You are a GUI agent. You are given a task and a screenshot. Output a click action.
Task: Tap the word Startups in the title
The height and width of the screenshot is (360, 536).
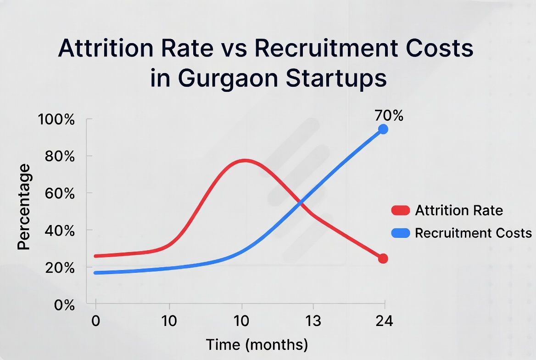[336, 78]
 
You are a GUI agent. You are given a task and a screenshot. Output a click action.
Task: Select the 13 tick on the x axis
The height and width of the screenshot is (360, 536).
[313, 321]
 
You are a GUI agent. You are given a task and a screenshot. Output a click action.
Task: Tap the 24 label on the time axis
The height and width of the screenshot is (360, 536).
[384, 321]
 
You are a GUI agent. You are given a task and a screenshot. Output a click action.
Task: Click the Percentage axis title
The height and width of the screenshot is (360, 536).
[24, 207]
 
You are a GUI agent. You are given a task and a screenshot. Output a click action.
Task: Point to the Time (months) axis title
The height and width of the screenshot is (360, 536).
[257, 344]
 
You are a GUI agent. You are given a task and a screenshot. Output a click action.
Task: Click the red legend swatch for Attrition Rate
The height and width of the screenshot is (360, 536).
[400, 210]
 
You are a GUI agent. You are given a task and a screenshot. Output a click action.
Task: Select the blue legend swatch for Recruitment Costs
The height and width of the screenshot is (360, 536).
[400, 233]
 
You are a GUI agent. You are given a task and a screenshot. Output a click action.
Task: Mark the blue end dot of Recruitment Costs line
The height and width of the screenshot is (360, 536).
[383, 129]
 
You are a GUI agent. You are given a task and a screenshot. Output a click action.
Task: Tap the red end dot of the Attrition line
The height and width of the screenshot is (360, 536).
[383, 259]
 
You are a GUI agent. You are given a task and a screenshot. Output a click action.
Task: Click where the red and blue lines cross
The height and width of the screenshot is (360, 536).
[301, 202]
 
